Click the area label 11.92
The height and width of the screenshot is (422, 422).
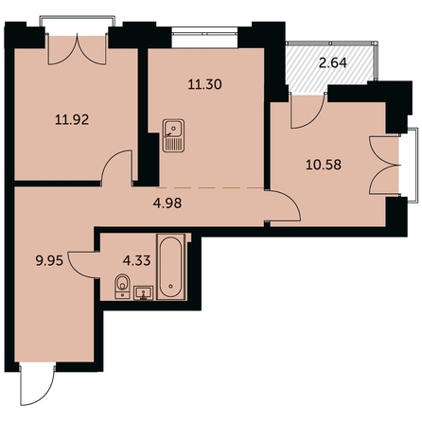72,120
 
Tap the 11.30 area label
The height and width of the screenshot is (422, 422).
204,84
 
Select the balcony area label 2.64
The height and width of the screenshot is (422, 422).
333,63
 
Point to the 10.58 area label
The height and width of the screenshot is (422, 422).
324,165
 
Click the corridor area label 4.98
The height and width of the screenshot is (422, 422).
167,203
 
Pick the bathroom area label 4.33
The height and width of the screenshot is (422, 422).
136,260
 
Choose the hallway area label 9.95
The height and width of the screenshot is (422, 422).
49,261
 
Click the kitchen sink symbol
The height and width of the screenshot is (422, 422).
173,135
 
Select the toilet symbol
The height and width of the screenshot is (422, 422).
123,287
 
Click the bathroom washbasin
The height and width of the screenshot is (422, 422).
144,293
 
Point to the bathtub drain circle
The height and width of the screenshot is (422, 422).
171,287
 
